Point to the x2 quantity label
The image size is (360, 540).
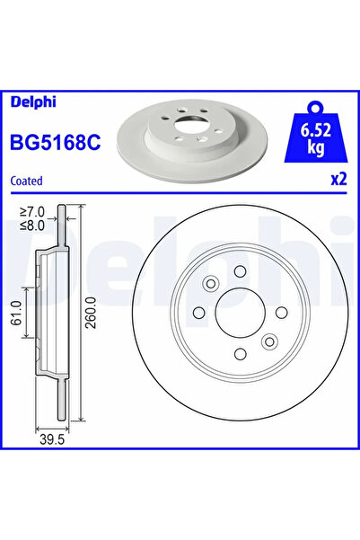(338, 178)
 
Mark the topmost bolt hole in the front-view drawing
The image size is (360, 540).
(241, 274)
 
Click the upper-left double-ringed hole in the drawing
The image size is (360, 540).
(211, 286)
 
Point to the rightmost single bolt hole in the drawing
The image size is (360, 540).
(277, 312)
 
